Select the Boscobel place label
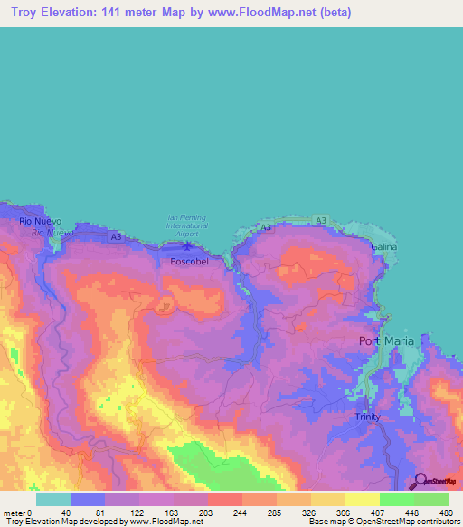coord(189,262)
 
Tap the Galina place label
coord(383,246)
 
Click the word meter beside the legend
coord(14,512)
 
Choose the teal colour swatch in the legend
coord(53,498)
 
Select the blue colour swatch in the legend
coord(88,498)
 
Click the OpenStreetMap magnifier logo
coord(420,481)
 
